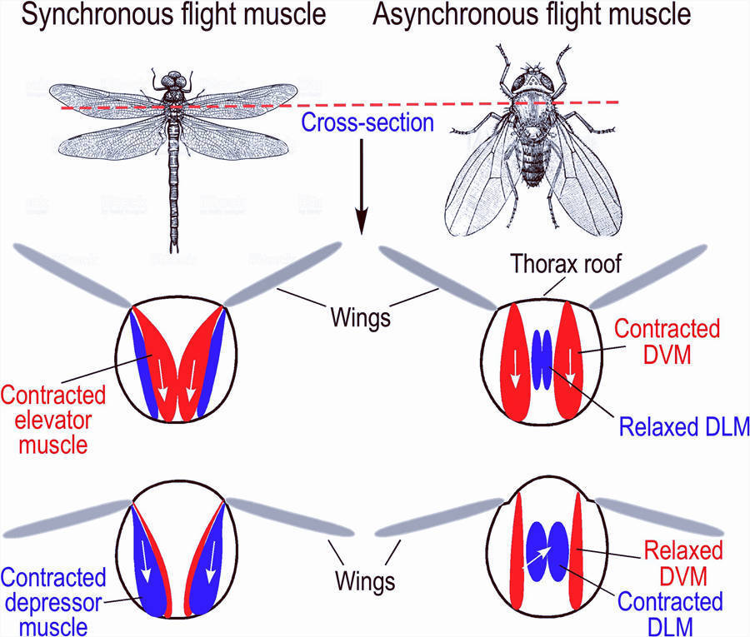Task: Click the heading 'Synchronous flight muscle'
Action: point(165,17)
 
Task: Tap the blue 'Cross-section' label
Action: point(367,124)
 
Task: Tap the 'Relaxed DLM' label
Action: point(682,427)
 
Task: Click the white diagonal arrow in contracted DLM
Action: point(537,556)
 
